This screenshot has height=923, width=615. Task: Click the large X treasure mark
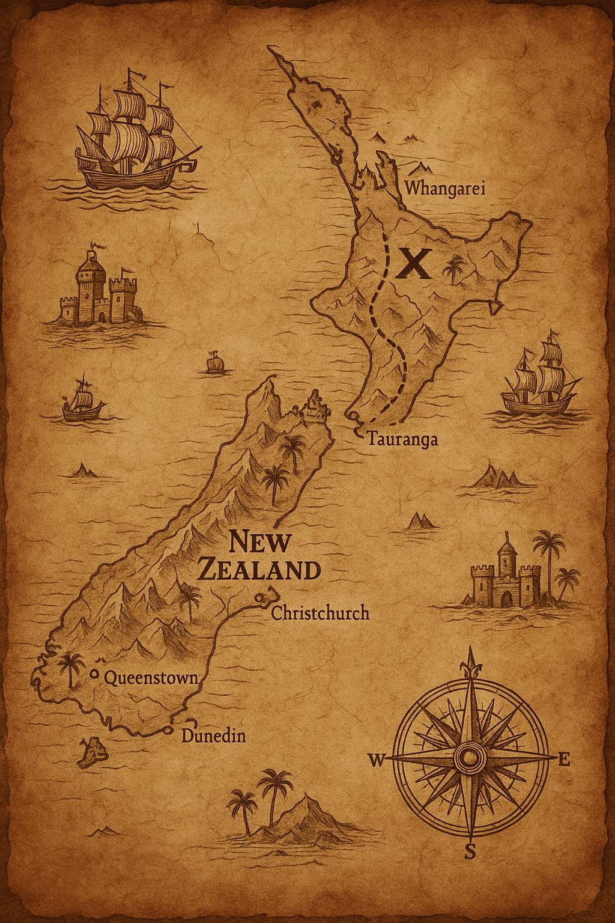point(414,263)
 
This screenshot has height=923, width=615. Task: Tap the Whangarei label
point(444,188)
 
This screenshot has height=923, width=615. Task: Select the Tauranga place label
point(402,439)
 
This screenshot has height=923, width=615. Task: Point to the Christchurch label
point(320,613)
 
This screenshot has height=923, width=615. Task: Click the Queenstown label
point(151,678)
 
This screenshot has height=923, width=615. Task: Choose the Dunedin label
point(213,736)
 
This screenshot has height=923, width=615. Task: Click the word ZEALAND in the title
point(259,570)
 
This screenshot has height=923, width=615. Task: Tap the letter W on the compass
point(377,761)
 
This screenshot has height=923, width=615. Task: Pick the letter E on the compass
point(564,760)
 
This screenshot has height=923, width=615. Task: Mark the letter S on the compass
point(470,851)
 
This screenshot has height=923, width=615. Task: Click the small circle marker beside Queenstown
point(94,674)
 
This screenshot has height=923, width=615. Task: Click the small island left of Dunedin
point(92,752)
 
